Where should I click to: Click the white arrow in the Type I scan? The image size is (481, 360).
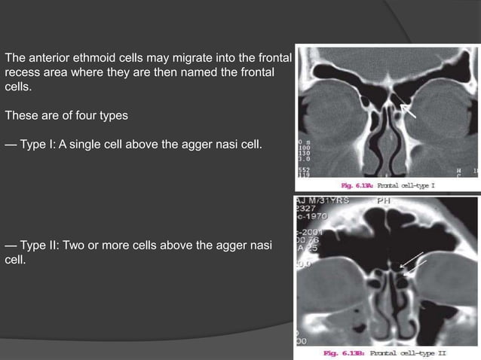409,111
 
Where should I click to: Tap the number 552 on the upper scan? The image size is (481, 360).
306,169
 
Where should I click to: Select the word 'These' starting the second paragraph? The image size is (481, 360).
21,116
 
